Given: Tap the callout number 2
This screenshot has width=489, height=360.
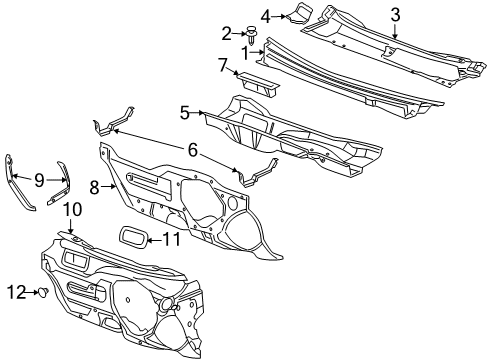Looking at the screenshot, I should (226, 32).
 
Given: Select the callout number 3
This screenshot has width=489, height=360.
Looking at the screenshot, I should (395, 13).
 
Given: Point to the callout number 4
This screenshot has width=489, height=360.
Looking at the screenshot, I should (265, 15).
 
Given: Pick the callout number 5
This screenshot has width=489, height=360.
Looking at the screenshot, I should (184, 114).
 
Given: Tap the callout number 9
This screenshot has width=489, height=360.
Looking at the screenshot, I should (39, 180).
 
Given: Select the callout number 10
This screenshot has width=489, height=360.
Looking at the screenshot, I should (71, 209).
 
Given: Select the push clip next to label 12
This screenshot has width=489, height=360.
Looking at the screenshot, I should (44, 292).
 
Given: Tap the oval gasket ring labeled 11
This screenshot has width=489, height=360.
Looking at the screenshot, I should (129, 237).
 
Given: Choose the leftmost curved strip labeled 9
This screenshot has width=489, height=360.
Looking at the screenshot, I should (19, 181).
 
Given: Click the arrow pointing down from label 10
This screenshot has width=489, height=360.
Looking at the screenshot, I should (71, 228).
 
